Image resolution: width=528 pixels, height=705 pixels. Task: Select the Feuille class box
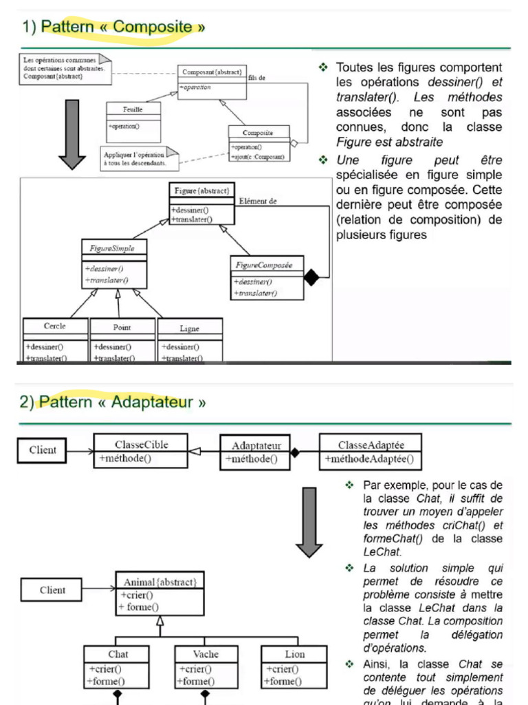[x=133, y=118]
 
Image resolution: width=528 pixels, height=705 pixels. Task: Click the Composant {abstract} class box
[x=211, y=79]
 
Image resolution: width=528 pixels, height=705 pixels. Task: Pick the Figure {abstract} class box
[x=201, y=204]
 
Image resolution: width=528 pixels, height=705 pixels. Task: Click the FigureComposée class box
[x=266, y=278]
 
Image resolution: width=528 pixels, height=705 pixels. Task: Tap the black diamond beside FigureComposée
[x=312, y=277]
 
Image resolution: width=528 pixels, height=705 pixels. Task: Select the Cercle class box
[x=55, y=340]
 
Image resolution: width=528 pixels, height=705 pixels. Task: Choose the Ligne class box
[x=190, y=340]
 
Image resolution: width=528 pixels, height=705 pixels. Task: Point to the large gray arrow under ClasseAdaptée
[x=309, y=521]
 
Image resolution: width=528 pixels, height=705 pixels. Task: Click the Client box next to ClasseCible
[x=43, y=451]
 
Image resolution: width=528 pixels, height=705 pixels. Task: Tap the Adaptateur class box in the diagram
[x=256, y=452]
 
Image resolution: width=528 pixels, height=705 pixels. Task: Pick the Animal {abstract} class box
[x=159, y=594]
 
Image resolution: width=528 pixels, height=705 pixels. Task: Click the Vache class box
[x=205, y=667]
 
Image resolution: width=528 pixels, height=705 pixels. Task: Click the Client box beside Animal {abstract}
[x=52, y=590]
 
